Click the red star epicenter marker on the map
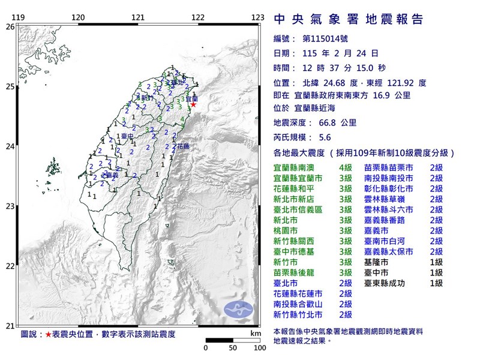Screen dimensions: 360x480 193,104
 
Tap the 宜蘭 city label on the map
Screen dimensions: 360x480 192,97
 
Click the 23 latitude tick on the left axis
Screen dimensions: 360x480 10,206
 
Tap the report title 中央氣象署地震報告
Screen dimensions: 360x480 348,19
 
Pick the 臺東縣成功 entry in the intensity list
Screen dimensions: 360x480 385,283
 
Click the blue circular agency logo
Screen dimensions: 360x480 239,309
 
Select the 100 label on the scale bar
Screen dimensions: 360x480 259,348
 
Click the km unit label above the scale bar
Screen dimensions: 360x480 256,333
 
